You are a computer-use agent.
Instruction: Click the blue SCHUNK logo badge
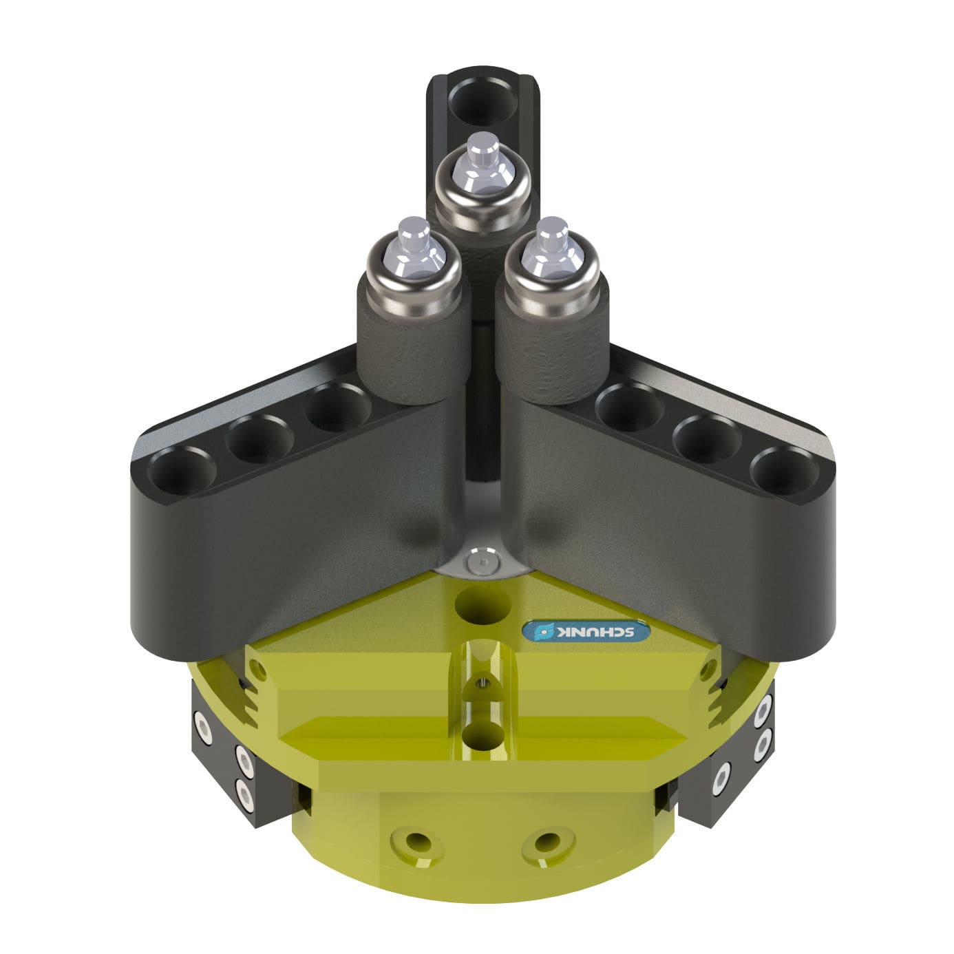(586, 631)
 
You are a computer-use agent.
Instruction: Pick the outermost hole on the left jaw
(182, 471)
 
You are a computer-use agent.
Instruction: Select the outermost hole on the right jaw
(785, 471)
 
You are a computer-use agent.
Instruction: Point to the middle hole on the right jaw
(707, 439)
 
